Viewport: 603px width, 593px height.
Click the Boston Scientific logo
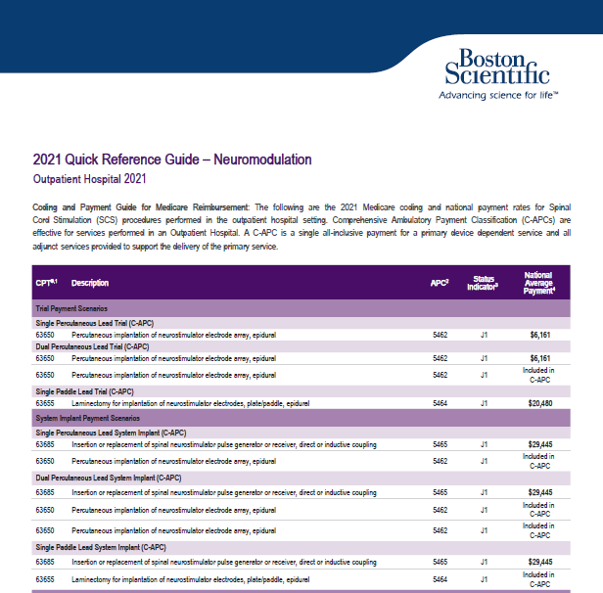[496, 64]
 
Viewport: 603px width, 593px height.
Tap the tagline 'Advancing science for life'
[497, 96]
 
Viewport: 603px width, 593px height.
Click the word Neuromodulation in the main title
[261, 160]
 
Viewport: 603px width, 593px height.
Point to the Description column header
[90, 283]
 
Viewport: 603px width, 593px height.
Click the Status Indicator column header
[485, 283]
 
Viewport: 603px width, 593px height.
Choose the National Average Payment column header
[538, 283]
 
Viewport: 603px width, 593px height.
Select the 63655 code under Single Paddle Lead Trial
[44, 403]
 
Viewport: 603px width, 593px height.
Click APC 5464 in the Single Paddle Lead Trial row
[441, 403]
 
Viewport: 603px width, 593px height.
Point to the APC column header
[440, 283]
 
